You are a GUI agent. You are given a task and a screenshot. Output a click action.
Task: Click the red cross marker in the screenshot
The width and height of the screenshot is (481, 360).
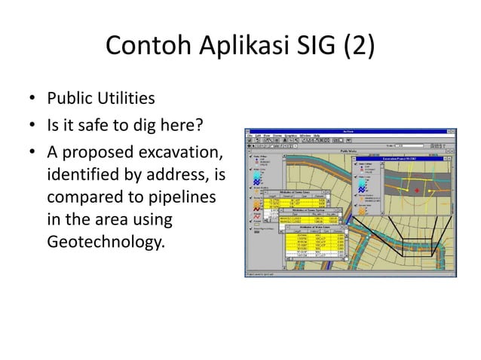[417, 191]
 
